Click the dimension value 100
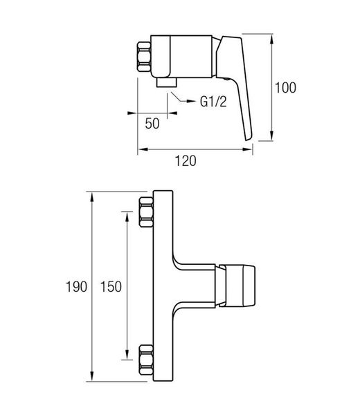tap(285, 87)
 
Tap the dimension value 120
tap(186, 161)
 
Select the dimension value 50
tap(152, 123)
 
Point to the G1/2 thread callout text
tap(213, 102)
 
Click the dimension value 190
tap(76, 287)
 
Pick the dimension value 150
tap(111, 287)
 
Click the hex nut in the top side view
tap(144, 57)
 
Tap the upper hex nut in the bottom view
tap(146, 212)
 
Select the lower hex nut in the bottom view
tap(146, 360)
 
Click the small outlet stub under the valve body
tap(167, 82)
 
